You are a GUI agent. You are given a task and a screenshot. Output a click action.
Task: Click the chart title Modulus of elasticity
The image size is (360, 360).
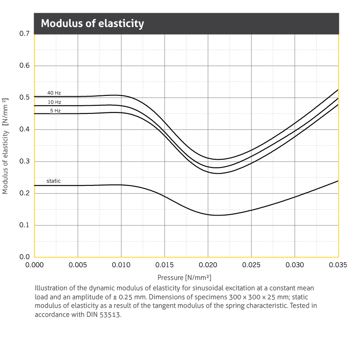pyautogui.click(x=92, y=23)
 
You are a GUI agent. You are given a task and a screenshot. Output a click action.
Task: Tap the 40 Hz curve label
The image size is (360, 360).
pyautogui.click(x=54, y=93)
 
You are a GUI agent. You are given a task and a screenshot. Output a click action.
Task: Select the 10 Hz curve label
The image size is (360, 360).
pyautogui.click(x=54, y=102)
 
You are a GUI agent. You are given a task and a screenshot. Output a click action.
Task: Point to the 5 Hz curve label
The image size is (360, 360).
pyautogui.click(x=55, y=110)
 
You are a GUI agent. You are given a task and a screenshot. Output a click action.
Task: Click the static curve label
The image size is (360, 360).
pyautogui.click(x=54, y=181)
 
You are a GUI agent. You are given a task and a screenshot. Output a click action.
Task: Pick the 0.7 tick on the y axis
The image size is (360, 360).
pyautogui.click(x=24, y=34)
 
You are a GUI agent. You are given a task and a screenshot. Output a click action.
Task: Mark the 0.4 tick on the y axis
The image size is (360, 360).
pyautogui.click(x=24, y=130)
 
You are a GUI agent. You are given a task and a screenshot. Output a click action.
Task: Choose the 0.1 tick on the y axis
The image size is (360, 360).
pyautogui.click(x=24, y=225)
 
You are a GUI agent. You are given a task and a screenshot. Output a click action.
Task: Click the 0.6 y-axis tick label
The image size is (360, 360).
pyautogui.click(x=24, y=66)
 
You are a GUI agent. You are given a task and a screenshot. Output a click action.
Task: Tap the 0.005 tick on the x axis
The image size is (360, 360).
pyautogui.click(x=78, y=265)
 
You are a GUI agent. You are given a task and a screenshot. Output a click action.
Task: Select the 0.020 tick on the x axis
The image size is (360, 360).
pyautogui.click(x=208, y=265)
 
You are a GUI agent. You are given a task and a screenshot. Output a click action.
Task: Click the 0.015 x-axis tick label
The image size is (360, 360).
pyautogui.click(x=165, y=265)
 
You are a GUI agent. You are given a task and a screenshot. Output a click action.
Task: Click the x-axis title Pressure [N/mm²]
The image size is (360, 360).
pyautogui.click(x=184, y=278)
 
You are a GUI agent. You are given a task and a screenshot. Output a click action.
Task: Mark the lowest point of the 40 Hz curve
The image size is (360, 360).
pyautogui.click(x=218, y=159)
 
